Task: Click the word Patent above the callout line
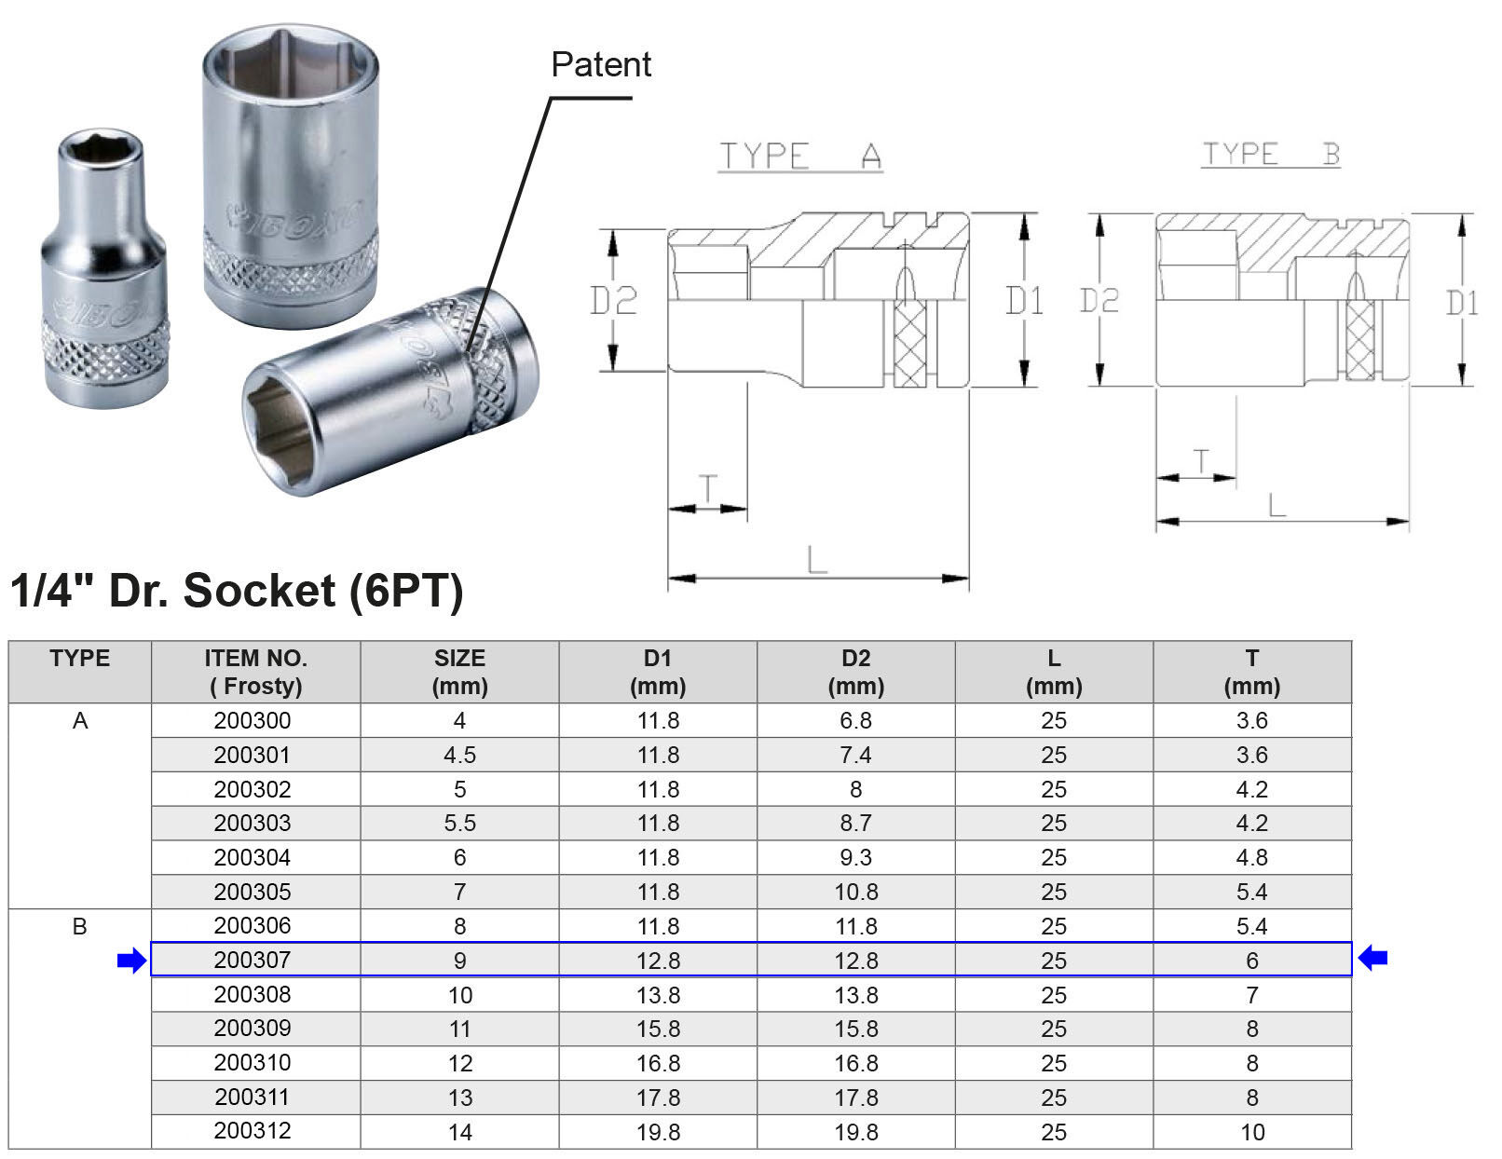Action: point(601,65)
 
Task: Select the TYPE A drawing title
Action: point(800,156)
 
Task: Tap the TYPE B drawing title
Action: point(1271,154)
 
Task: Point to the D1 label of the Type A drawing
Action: point(1024,301)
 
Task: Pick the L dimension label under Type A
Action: point(817,559)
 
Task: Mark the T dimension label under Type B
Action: point(1201,461)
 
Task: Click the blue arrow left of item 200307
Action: point(132,960)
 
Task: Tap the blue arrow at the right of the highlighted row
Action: point(1372,958)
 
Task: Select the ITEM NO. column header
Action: point(255,672)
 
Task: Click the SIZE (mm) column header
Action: point(459,672)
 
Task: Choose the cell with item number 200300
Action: point(253,721)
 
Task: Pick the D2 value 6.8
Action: point(855,721)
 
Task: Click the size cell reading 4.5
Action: point(459,755)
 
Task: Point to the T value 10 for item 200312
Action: point(1252,1132)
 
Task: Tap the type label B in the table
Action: point(79,926)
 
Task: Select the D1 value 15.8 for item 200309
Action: point(658,1029)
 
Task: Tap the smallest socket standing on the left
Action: point(104,268)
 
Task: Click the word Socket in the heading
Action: point(259,592)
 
